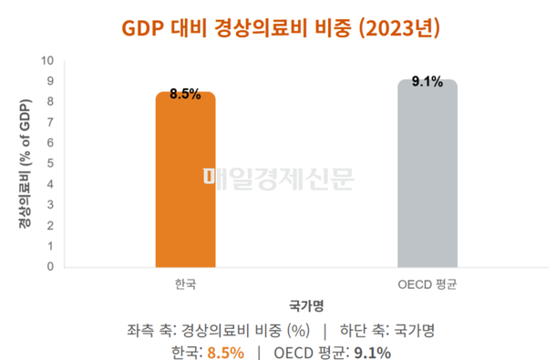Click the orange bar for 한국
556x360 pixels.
tap(185, 182)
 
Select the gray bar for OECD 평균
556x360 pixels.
tap(427, 178)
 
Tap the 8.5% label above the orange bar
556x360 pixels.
tap(185, 94)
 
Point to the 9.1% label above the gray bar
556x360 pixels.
tap(427, 82)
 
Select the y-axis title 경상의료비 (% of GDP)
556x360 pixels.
tap(25, 164)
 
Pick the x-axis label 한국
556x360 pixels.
tap(185, 283)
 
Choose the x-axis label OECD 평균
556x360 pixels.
tap(427, 283)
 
